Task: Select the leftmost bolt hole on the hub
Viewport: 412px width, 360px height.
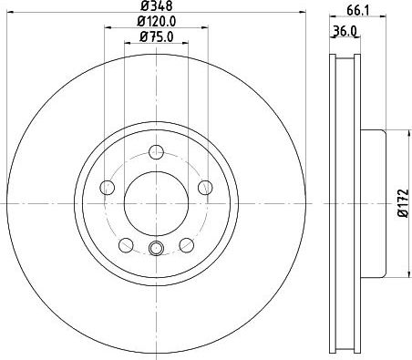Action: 107,188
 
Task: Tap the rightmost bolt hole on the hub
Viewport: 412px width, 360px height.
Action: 202,188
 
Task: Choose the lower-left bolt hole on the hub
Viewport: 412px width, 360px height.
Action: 125,243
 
